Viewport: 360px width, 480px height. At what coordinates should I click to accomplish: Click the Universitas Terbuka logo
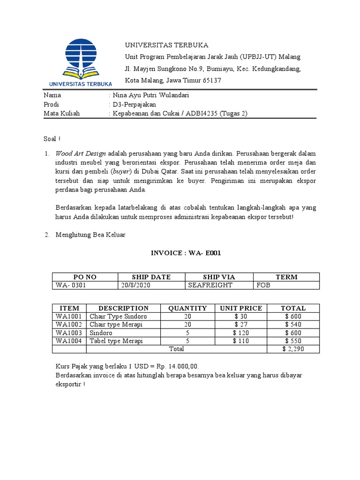(x=80, y=63)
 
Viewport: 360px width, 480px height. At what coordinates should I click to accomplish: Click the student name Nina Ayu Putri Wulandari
(x=150, y=95)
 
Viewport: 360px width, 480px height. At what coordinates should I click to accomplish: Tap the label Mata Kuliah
(x=61, y=113)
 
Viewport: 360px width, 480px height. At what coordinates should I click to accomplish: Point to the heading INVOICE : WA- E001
(x=185, y=253)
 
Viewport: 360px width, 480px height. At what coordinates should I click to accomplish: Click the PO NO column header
(x=85, y=277)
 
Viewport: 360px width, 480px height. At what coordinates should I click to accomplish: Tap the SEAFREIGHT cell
(x=210, y=285)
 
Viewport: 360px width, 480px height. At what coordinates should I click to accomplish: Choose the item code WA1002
(x=69, y=324)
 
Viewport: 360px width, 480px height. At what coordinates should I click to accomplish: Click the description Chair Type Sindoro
(x=118, y=316)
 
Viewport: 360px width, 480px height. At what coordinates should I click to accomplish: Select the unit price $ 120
(x=241, y=333)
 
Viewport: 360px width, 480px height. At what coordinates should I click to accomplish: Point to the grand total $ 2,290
(x=293, y=349)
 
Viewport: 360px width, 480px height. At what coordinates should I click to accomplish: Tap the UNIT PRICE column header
(x=241, y=308)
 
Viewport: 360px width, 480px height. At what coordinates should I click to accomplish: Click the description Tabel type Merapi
(x=116, y=341)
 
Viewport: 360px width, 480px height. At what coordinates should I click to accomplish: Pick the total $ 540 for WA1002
(x=293, y=324)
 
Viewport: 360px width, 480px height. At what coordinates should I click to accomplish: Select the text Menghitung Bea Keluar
(x=90, y=235)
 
